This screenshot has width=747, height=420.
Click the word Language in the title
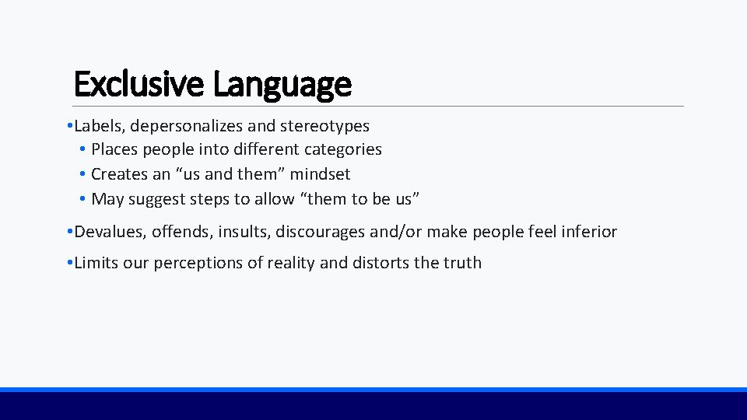pos(282,84)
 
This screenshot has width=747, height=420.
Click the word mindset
pos(320,174)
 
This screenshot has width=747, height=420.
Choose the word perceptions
pos(198,263)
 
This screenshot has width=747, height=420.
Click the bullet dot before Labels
pos(70,126)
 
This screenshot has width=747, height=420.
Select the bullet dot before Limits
pos(70,264)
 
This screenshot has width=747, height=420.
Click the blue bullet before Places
pos(82,149)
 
